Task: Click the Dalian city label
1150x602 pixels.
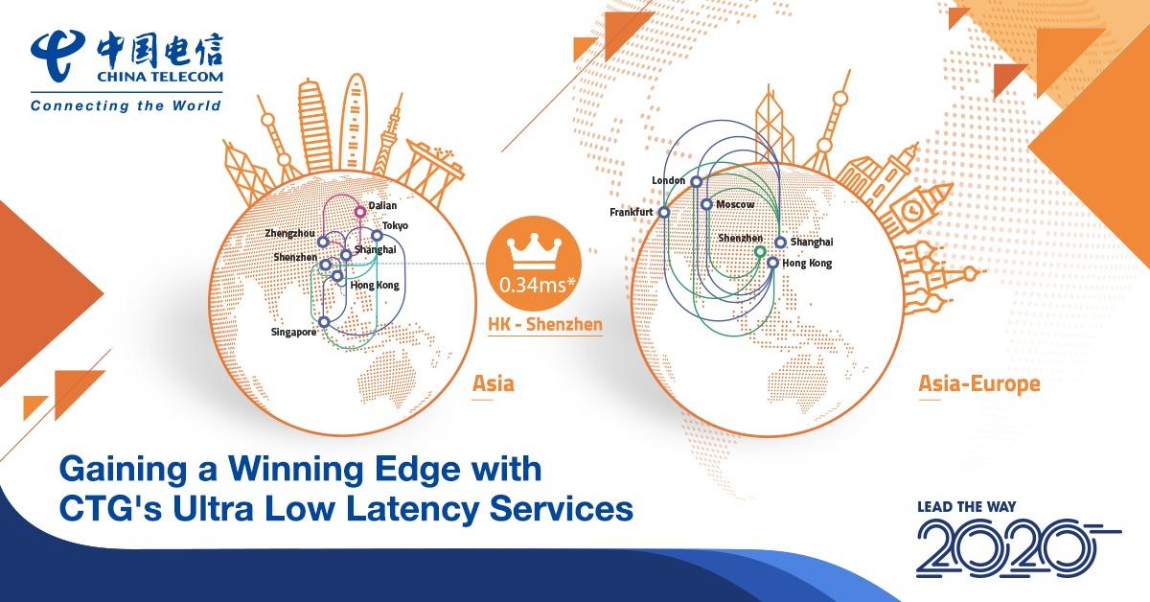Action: (x=382, y=205)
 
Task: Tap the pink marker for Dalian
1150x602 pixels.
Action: (x=360, y=212)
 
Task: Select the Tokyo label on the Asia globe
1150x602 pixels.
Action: (x=395, y=225)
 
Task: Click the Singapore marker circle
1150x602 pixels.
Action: (x=325, y=322)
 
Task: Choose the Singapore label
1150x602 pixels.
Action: (x=292, y=333)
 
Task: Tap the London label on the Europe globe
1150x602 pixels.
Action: (x=669, y=180)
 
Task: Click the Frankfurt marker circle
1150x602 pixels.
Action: (x=663, y=212)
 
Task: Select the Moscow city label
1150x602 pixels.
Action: (x=736, y=205)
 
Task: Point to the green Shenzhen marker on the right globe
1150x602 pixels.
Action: (x=760, y=252)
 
